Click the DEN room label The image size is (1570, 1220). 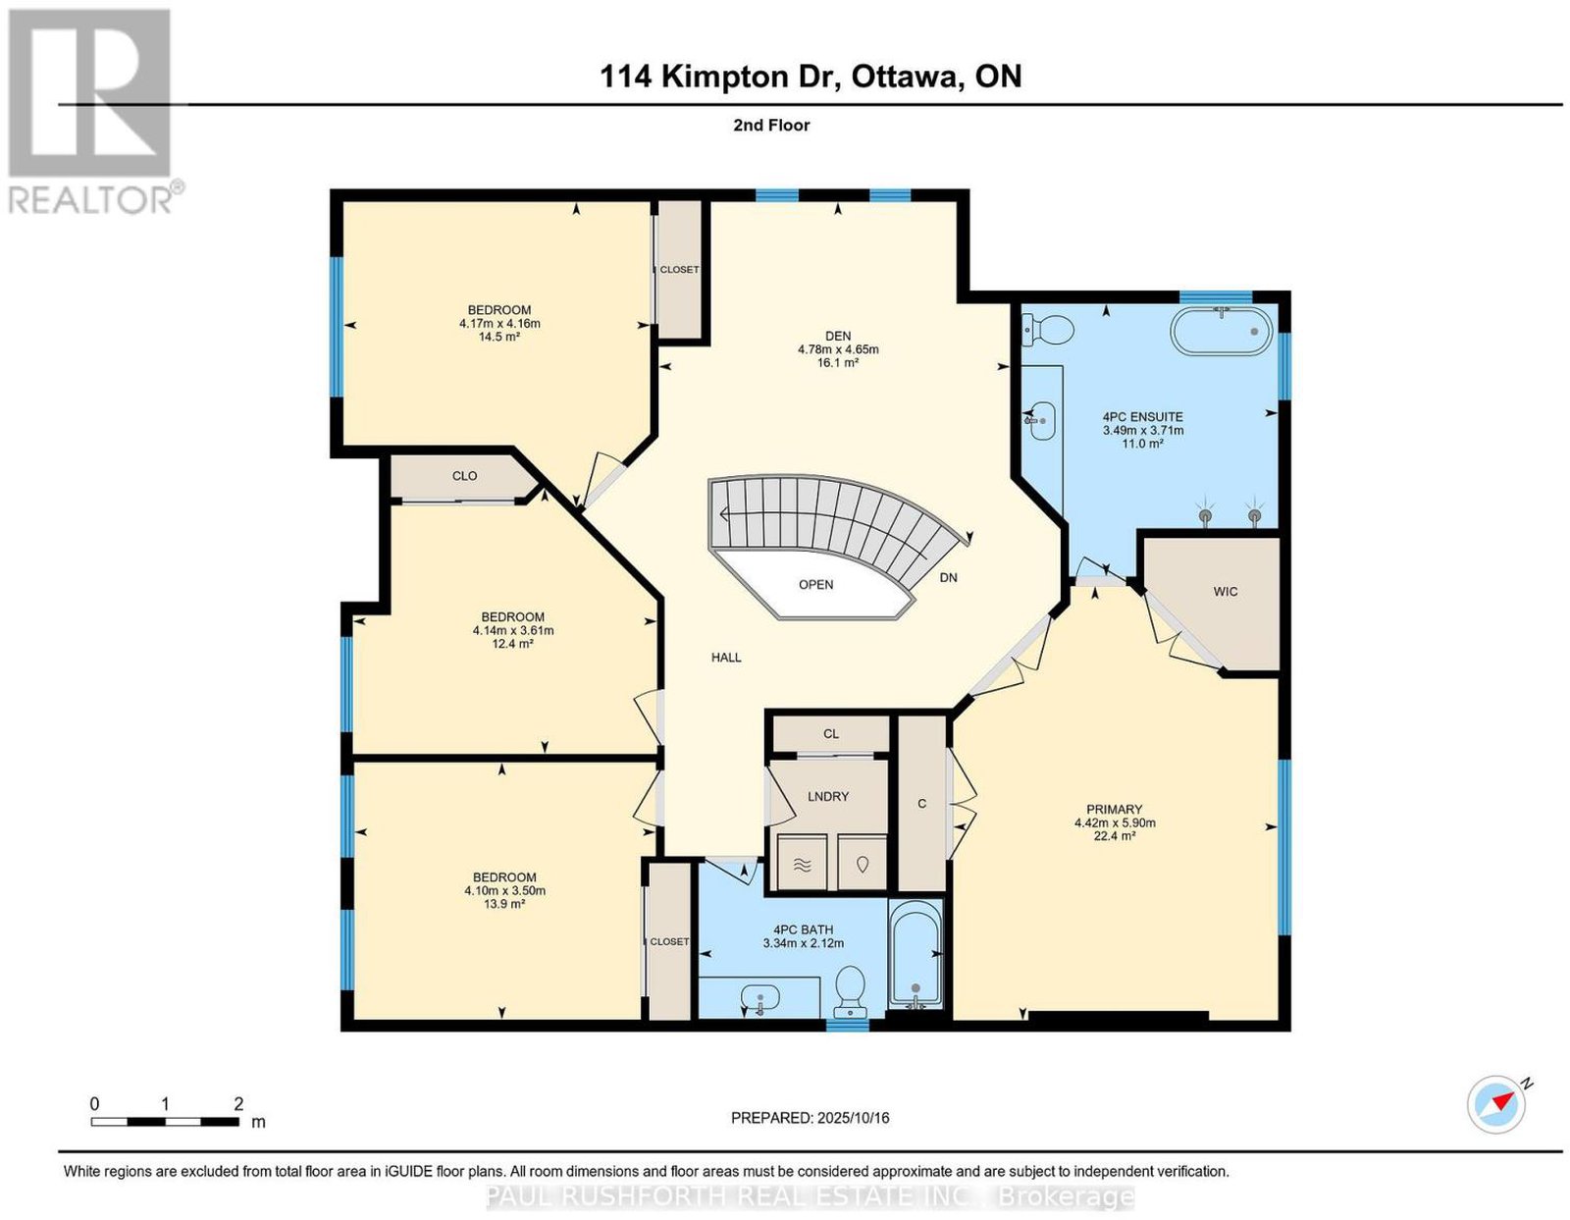tap(837, 336)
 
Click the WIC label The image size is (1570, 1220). tap(1226, 592)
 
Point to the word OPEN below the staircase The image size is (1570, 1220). tap(815, 584)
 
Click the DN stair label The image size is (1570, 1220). tap(949, 577)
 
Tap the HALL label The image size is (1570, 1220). tap(726, 658)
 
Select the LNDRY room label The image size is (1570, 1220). tap(828, 796)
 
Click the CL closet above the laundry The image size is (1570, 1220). tap(831, 734)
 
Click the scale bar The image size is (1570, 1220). tap(165, 1122)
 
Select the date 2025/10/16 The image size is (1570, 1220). tap(854, 1118)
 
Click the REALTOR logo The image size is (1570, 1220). tap(92, 112)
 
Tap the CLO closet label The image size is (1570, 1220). tap(464, 476)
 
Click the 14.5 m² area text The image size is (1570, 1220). tap(500, 337)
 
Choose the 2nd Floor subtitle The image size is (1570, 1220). tap(771, 125)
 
